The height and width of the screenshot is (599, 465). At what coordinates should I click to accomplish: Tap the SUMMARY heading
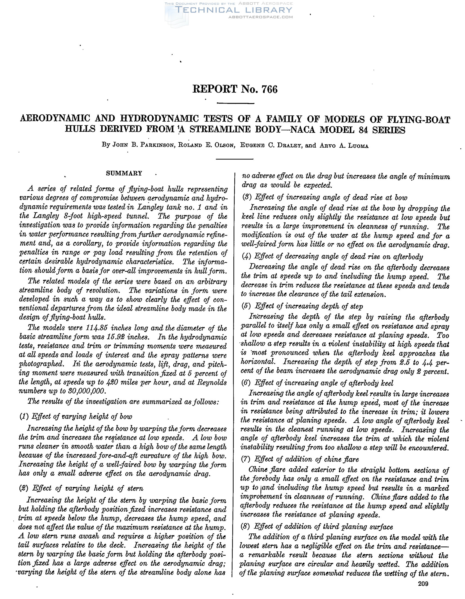coord(124,173)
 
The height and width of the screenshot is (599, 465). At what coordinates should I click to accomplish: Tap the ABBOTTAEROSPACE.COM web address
coord(261,17)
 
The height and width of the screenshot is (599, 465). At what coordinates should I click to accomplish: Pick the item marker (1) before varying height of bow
coord(24,417)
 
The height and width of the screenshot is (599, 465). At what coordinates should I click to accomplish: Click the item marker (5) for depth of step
coord(246,306)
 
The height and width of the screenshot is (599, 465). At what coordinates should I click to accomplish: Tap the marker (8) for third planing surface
coord(246,527)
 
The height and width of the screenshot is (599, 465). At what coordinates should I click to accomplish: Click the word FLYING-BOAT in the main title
coord(418,120)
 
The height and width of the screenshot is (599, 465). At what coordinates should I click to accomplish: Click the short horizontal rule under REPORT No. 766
coord(235,103)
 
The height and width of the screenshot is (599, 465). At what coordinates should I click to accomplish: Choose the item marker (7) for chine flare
coord(246,459)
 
